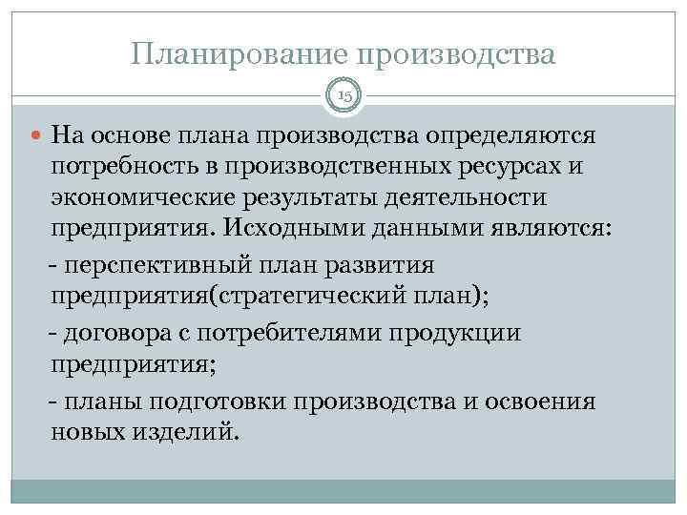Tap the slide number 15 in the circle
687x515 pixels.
pyautogui.click(x=343, y=96)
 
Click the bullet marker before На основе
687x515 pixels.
pyautogui.click(x=37, y=134)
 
